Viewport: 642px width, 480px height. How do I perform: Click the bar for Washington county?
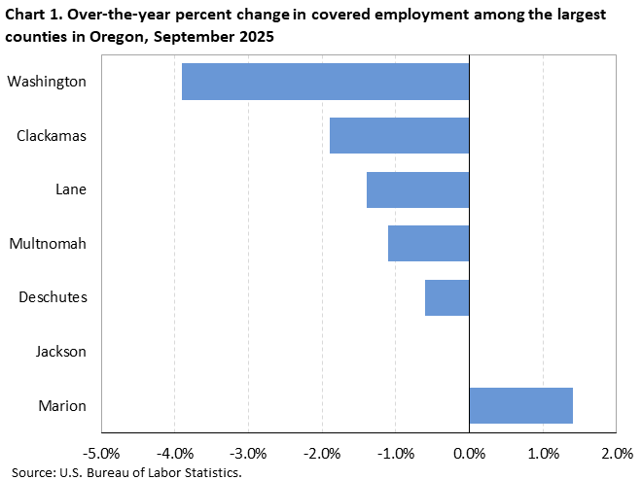click(x=325, y=82)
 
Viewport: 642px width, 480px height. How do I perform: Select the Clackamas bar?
click(x=399, y=135)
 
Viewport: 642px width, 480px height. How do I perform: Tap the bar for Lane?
click(x=417, y=189)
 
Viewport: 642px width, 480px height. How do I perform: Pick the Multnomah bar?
click(x=428, y=243)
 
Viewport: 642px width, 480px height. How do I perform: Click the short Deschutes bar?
click(x=446, y=297)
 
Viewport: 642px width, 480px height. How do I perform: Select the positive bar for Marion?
click(x=520, y=405)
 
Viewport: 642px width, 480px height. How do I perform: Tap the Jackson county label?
click(x=60, y=352)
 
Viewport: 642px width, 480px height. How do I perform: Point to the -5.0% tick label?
click(x=100, y=454)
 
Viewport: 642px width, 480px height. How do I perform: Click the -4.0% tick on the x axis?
click(x=174, y=454)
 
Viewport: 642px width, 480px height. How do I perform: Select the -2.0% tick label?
click(x=321, y=454)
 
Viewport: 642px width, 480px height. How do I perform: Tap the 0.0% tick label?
click(x=469, y=454)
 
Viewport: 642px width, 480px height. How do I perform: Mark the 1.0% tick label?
click(x=543, y=454)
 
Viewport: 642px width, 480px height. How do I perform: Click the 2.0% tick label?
click(x=617, y=454)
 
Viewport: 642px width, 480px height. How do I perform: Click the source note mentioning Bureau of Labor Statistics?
click(x=122, y=472)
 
